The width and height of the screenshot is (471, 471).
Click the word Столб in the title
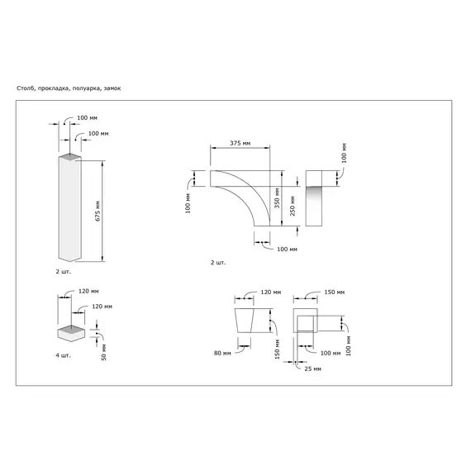coord(26,88)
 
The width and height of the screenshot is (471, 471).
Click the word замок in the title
coord(112,88)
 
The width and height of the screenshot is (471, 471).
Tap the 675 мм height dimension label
coord(98,211)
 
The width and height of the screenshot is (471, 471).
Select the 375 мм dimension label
coord(240,143)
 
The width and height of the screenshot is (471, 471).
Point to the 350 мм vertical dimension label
coord(277,197)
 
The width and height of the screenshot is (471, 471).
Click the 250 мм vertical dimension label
coord(293,206)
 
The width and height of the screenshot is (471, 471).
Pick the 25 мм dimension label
coord(312,369)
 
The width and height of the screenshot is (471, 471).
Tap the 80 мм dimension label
coord(222,354)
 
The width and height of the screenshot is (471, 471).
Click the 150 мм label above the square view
coord(335,292)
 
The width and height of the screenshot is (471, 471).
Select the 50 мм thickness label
coord(103,352)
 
